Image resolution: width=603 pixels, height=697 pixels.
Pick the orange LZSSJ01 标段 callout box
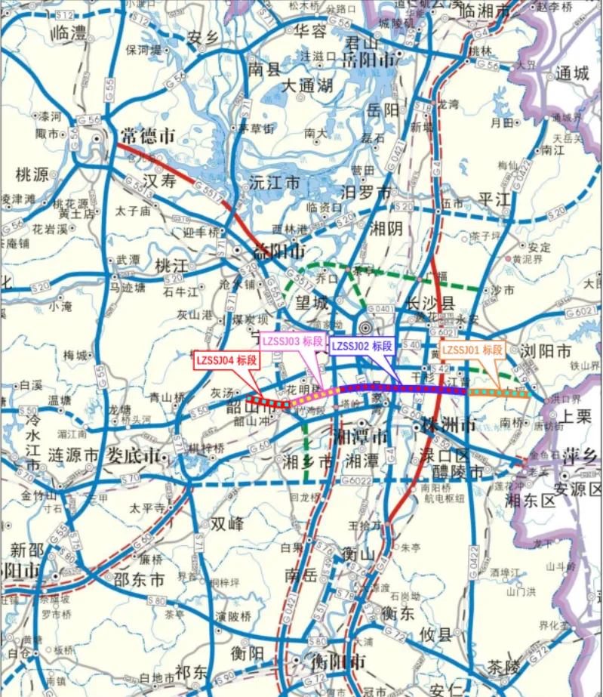[472, 350]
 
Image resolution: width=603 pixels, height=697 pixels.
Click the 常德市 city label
[146, 137]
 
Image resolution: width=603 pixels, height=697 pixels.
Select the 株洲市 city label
[450, 425]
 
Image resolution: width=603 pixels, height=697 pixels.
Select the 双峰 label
[227, 523]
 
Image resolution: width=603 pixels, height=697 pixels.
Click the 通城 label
[571, 73]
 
